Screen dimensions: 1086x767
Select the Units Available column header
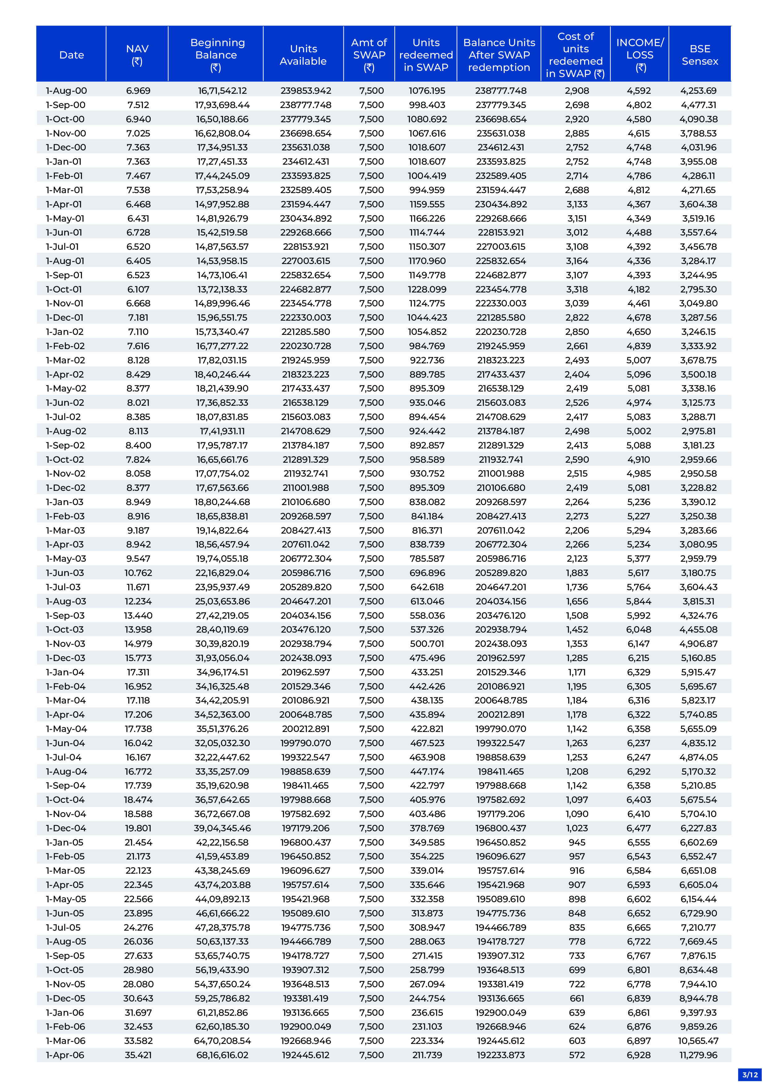point(303,55)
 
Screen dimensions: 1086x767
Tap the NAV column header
point(137,55)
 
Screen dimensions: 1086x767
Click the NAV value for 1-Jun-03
point(138,573)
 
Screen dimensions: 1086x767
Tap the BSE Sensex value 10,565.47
point(698,1041)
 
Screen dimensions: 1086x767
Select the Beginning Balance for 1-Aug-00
point(222,91)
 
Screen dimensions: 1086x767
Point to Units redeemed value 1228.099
point(427,289)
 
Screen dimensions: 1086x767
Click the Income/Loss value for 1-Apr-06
point(639,1055)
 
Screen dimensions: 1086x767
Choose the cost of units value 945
point(577,842)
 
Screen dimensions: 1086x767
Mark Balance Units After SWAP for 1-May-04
point(501,729)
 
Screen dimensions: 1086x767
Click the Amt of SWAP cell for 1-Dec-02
point(371,488)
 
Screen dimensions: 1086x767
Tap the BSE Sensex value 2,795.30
point(698,289)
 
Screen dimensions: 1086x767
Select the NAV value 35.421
point(138,1055)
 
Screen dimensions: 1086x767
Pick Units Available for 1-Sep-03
point(305,615)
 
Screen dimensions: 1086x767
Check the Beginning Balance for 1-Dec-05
point(222,998)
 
